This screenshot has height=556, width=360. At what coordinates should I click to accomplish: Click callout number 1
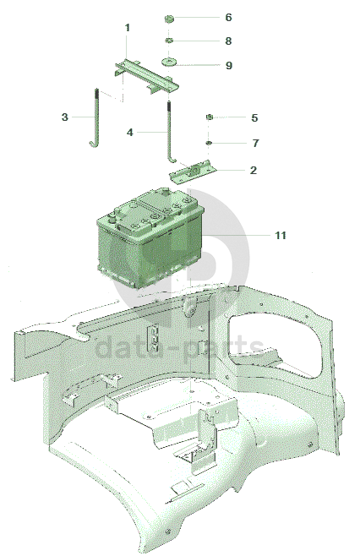click(128, 28)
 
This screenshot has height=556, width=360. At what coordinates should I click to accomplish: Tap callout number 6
click(228, 18)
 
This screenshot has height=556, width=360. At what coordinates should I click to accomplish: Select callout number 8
click(228, 41)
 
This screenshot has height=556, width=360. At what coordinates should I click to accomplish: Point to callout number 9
click(229, 66)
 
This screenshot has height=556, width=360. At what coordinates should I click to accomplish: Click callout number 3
click(64, 117)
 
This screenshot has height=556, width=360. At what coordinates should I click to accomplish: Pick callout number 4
click(130, 133)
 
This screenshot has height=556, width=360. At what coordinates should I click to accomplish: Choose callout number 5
click(254, 117)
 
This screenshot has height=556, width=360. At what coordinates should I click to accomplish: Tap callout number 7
click(255, 144)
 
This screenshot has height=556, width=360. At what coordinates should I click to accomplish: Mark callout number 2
click(253, 170)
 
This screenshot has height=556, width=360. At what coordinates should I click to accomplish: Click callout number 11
click(281, 236)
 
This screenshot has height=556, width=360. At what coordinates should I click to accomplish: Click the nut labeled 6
click(170, 18)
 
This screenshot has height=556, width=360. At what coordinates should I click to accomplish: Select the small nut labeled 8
click(169, 41)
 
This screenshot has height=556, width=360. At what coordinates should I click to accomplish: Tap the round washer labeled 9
click(169, 63)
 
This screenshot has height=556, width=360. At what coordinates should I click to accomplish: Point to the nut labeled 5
click(210, 117)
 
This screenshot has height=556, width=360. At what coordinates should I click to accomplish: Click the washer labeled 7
click(209, 143)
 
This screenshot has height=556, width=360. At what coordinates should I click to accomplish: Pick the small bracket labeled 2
click(193, 172)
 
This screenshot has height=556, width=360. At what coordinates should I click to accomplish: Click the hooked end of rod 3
click(93, 144)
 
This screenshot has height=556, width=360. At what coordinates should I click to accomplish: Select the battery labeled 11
click(150, 238)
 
